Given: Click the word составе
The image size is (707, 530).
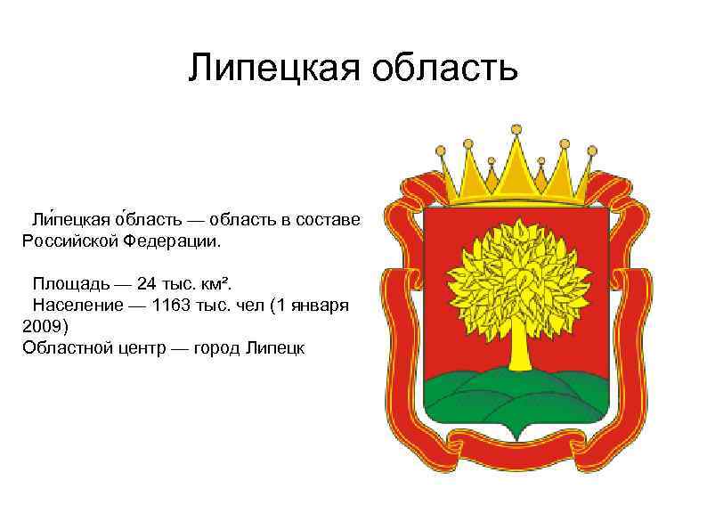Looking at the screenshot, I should [329, 218].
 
